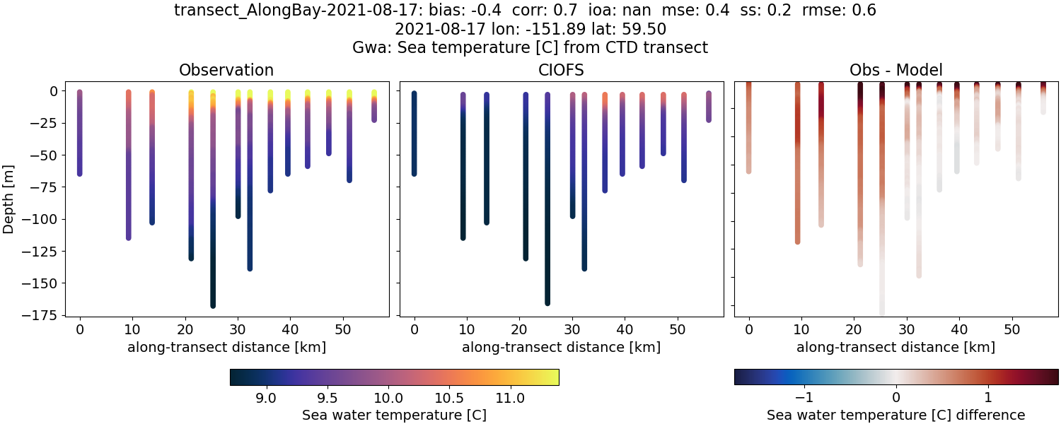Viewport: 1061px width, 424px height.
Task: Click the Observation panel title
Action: click(226, 70)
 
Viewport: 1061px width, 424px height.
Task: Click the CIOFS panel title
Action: click(562, 70)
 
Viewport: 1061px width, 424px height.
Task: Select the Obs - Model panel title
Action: click(896, 70)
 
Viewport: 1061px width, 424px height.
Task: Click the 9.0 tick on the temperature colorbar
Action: click(265, 399)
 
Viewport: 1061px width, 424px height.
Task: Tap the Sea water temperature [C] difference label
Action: click(896, 415)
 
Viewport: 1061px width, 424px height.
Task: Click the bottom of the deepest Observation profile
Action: click(212, 304)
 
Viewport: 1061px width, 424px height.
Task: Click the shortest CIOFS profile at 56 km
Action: click(708, 106)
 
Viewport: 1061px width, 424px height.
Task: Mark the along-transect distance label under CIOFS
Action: click(562, 347)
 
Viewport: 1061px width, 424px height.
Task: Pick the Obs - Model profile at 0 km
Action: click(749, 127)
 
